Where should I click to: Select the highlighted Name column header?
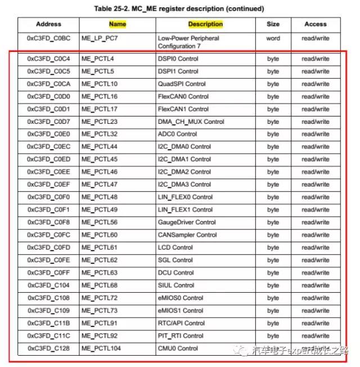(117, 24)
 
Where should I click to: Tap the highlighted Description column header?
(205, 24)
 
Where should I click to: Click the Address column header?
(48, 24)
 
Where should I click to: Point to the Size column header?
(273, 24)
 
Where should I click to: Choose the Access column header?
(315, 24)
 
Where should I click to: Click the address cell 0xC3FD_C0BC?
(48, 38)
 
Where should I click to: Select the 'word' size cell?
(273, 38)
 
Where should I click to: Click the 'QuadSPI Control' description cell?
(182, 84)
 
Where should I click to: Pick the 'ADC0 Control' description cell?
(177, 134)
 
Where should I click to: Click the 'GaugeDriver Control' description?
(187, 222)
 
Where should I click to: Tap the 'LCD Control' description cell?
(175, 247)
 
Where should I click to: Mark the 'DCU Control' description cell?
(175, 272)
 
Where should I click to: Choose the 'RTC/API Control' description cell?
(181, 323)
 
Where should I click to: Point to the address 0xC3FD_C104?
(48, 285)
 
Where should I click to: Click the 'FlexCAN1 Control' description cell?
(183, 109)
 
